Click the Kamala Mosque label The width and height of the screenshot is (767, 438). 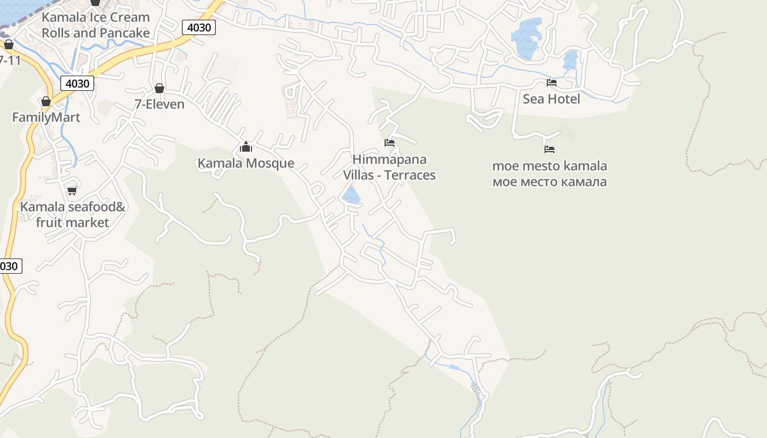coord(245,163)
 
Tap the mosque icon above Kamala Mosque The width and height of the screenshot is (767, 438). coord(246,147)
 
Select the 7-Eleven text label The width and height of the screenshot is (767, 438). coord(159,104)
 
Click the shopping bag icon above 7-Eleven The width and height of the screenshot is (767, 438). coord(159,88)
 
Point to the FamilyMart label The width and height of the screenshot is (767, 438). coord(46,117)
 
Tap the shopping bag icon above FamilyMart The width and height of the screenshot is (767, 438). coord(46,101)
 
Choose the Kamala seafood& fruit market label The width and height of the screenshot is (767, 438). coord(72,215)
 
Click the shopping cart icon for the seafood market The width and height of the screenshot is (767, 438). coord(72,191)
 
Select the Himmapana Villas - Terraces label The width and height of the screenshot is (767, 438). coord(389,167)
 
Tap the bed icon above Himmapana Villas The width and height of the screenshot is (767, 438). coord(390,143)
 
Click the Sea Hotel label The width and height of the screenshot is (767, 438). coord(551,99)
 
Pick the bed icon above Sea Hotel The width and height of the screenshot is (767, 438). coord(552,83)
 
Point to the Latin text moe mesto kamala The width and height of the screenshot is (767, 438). coord(550,166)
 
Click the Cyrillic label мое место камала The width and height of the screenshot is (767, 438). coord(550,182)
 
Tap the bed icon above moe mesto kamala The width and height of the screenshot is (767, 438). coord(550,149)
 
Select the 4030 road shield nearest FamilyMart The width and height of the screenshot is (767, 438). coord(77,83)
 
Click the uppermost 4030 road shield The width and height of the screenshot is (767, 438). coord(199,27)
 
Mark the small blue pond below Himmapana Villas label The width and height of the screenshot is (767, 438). coord(351,195)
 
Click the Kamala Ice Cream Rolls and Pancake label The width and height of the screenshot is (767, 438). coord(96,25)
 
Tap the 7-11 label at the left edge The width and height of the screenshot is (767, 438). coord(10,60)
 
